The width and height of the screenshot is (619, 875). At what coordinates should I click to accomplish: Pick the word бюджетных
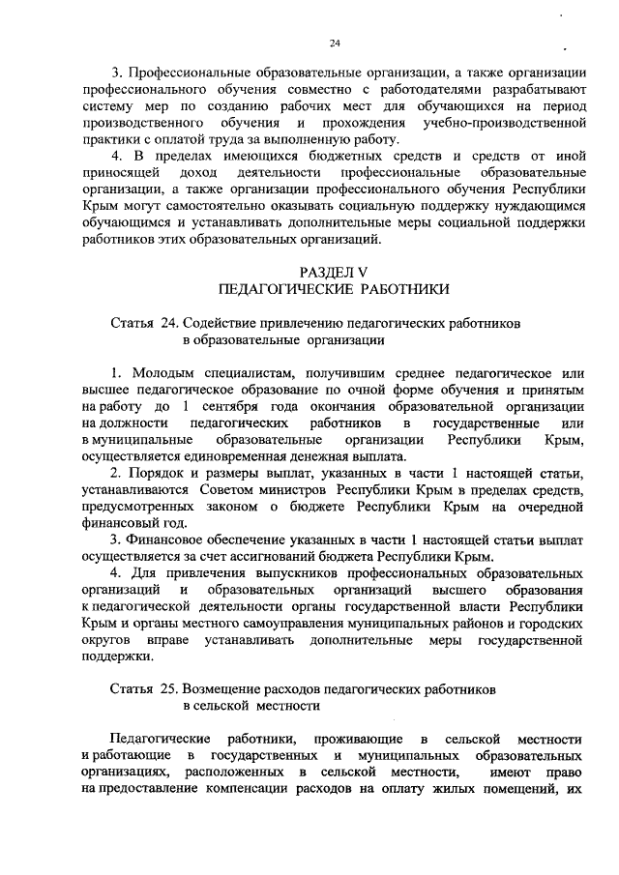320,157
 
